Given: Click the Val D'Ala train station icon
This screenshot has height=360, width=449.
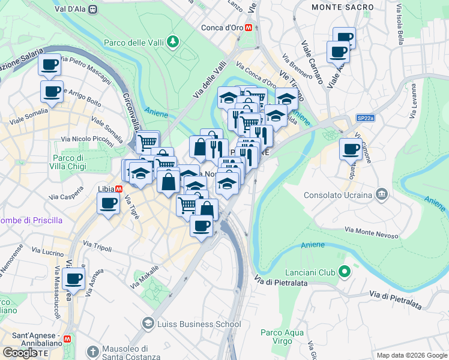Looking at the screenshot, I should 92,9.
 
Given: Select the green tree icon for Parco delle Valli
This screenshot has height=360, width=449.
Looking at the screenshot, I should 173,41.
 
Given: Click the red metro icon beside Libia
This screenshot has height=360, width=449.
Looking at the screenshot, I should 119,188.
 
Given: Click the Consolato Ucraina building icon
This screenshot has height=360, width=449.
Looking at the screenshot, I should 381,194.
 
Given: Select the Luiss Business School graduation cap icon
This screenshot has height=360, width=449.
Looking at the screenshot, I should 147,324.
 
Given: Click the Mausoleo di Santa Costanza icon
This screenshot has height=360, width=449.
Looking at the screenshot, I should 92,350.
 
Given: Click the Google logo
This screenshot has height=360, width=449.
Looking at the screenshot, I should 20,353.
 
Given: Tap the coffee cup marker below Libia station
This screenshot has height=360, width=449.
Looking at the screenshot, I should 109,204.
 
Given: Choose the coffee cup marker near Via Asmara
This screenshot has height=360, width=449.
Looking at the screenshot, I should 73,279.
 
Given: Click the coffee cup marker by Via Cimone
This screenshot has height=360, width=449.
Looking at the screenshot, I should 351,149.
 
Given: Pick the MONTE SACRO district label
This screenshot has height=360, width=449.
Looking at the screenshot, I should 343,7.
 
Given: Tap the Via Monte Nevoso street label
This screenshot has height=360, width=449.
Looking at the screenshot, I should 372,232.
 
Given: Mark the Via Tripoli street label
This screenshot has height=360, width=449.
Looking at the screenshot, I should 98,247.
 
